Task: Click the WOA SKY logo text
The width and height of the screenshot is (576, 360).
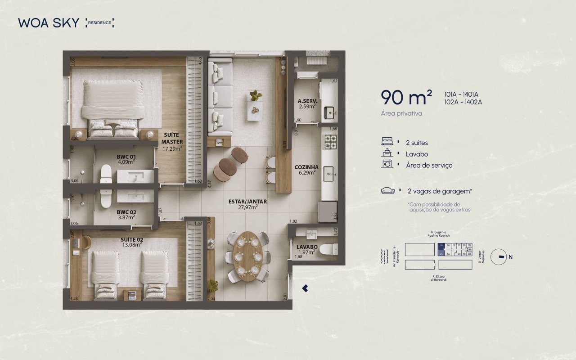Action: click(49, 23)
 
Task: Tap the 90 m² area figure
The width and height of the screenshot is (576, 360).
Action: click(406, 97)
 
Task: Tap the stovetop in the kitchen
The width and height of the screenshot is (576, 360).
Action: click(330, 142)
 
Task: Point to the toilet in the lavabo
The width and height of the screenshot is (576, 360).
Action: click(331, 249)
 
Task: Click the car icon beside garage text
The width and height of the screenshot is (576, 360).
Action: click(387, 191)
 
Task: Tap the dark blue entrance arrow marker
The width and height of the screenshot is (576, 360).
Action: click(305, 288)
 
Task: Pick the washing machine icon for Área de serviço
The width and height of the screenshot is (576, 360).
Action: click(387, 164)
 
